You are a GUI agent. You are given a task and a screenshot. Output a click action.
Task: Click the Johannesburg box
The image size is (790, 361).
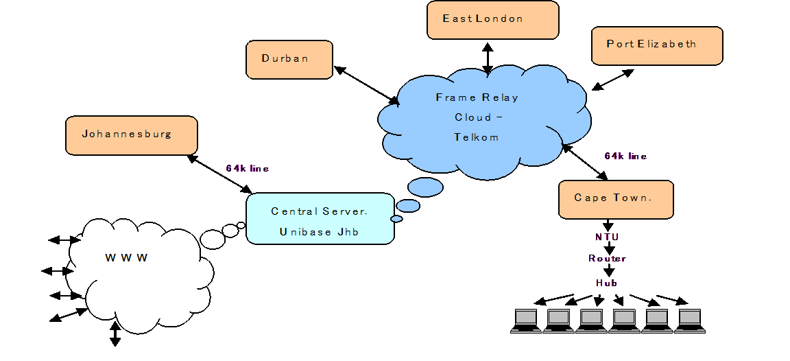[x=131, y=135]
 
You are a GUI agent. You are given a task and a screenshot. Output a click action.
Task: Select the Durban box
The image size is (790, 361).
[x=289, y=59]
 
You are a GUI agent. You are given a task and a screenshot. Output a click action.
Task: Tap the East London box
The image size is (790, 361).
[x=492, y=19]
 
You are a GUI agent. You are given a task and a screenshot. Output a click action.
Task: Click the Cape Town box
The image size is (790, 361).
[x=615, y=199]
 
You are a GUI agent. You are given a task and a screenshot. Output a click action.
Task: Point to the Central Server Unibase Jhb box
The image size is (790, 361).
[x=320, y=218]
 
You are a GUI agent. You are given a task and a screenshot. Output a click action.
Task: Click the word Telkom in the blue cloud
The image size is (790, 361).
[x=476, y=137]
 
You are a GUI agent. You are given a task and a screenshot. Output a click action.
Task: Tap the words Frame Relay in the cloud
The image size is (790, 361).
[x=477, y=97]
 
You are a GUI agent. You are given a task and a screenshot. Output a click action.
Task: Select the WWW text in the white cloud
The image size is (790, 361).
[x=126, y=258]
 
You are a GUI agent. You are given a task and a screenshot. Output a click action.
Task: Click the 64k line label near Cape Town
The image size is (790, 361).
[x=625, y=156]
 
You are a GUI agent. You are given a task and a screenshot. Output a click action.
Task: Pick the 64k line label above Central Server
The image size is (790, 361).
[x=247, y=169]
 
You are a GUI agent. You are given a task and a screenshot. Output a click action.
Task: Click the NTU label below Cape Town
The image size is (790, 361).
[x=608, y=237]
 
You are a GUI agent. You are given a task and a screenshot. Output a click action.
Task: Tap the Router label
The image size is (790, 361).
[x=608, y=259]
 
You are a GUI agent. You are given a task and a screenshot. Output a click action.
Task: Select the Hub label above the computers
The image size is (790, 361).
[x=607, y=283]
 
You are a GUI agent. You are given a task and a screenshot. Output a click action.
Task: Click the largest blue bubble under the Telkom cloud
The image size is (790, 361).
[x=425, y=187]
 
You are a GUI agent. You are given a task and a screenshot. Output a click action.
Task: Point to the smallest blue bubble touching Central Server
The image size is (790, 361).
[x=396, y=219]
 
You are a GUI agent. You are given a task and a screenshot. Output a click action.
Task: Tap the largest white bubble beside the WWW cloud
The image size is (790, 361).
[x=213, y=239]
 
